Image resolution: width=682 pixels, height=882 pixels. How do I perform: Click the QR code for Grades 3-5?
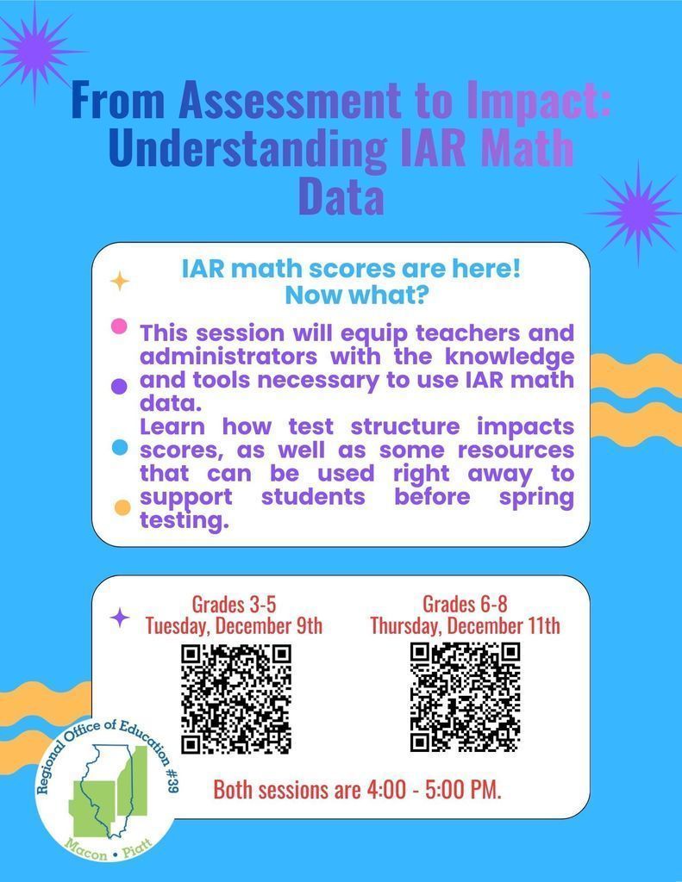click(x=235, y=699)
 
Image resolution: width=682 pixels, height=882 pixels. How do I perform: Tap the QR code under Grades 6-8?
click(x=465, y=696)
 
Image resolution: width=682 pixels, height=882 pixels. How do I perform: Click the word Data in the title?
click(x=341, y=196)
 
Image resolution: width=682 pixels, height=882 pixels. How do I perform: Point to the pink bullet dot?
click(x=120, y=326)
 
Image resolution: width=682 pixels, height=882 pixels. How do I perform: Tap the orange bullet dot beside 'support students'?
click(x=122, y=507)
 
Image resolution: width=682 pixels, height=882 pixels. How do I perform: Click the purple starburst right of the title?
click(x=635, y=211)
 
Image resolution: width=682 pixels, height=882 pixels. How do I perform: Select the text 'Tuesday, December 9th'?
click(x=234, y=624)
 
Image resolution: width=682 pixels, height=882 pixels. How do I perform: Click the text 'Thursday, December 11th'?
click(x=465, y=624)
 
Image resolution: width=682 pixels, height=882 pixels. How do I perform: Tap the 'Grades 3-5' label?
click(x=234, y=603)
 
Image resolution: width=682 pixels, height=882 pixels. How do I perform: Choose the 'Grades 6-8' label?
click(x=465, y=603)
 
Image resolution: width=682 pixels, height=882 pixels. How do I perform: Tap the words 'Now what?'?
click(x=351, y=295)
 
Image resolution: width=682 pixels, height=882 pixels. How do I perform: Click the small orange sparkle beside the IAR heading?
click(x=119, y=281)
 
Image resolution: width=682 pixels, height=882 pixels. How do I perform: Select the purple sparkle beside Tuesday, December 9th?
click(x=121, y=618)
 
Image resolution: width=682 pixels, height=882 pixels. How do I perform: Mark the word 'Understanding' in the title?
click(x=248, y=148)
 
